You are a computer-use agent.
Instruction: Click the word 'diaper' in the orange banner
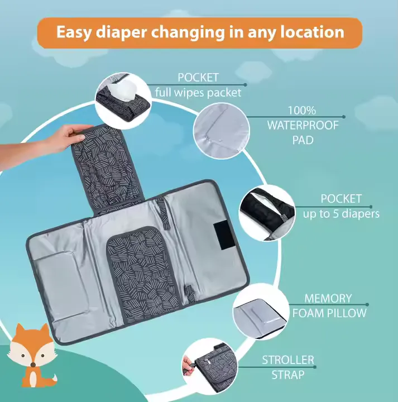pyautogui.click(x=122, y=33)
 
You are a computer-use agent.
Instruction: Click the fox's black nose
pyautogui.click(x=33, y=364)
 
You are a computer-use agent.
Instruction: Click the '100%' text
pyautogui.click(x=302, y=111)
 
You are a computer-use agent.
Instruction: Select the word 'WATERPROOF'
pyautogui.click(x=303, y=126)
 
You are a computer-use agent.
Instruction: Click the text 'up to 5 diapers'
pyautogui.click(x=341, y=213)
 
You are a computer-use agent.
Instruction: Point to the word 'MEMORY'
pyautogui.click(x=328, y=298)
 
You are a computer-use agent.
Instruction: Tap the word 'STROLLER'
pyautogui.click(x=288, y=360)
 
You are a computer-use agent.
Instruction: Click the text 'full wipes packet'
pyautogui.click(x=198, y=93)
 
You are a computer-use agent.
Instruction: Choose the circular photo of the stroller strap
pyautogui.click(x=210, y=366)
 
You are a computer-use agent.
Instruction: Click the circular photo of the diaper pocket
pyautogui.click(x=267, y=213)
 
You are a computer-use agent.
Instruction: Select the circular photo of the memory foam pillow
pyautogui.click(x=261, y=312)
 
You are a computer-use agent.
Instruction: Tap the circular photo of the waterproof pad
pyautogui.click(x=222, y=131)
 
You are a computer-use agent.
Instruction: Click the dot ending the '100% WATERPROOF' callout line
pyautogui.click(x=344, y=117)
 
